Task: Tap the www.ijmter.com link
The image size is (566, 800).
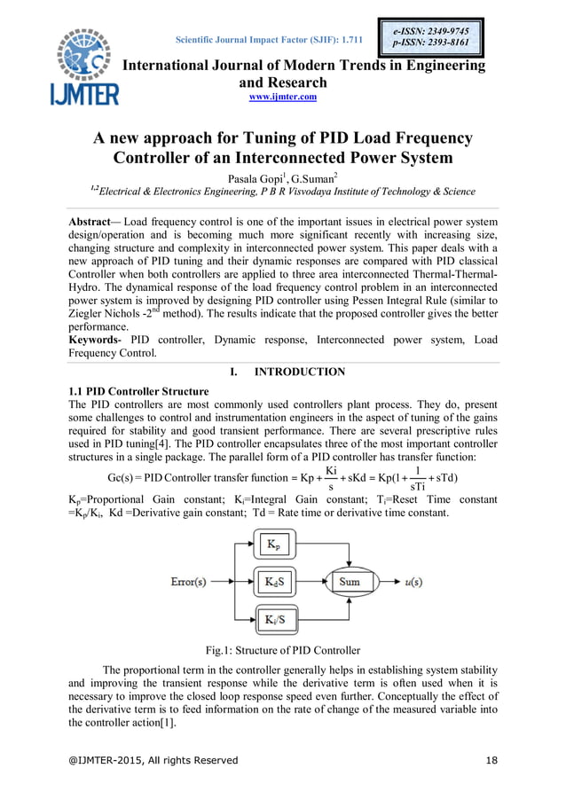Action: pos(283,97)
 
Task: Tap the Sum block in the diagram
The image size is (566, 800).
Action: pos(349,582)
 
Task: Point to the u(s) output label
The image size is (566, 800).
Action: pos(413,582)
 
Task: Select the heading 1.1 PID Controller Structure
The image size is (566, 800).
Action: pos(138,391)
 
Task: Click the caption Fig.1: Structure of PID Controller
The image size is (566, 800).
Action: pos(283,651)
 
